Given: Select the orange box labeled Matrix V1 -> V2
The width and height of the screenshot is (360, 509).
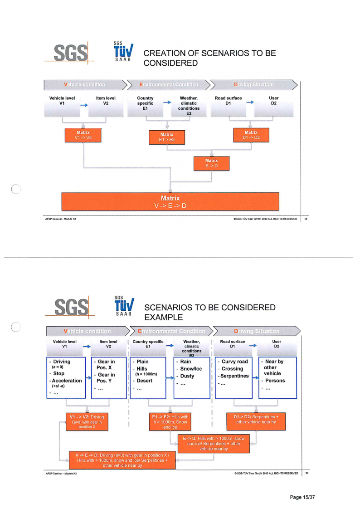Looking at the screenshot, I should tap(83, 135).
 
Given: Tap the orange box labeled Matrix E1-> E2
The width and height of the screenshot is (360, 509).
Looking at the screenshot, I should tap(167, 137).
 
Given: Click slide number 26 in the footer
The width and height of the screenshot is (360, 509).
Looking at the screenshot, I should tap(306, 219).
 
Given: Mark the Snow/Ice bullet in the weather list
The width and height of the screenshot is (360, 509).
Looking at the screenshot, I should tap(192, 369).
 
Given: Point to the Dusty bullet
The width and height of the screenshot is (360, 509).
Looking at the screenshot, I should tap(188, 376).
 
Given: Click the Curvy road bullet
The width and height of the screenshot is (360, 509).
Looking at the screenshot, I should tap(234, 362).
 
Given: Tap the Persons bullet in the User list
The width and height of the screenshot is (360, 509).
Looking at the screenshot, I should tap(274, 381).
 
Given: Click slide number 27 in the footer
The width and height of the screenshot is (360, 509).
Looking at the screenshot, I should tap(306, 473).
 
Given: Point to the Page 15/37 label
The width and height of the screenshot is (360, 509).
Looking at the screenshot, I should tap(302, 497).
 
